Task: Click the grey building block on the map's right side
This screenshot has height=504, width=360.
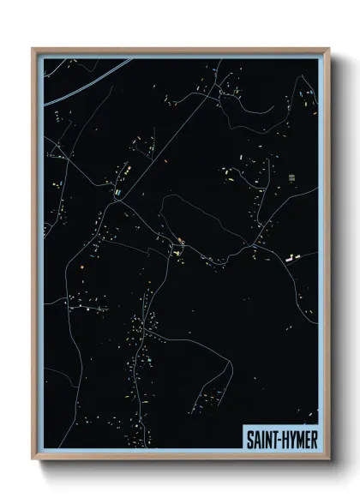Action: pos(291,177)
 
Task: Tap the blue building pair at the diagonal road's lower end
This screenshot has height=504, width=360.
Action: pos(114,195)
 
